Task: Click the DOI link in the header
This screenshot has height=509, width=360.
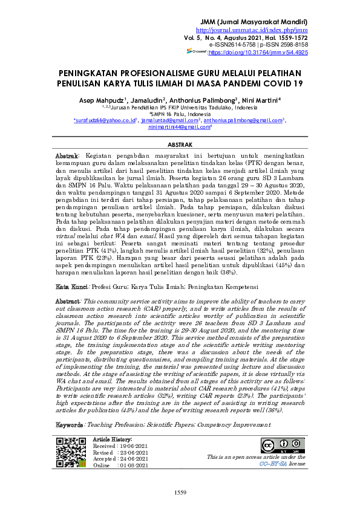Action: pos(258,53)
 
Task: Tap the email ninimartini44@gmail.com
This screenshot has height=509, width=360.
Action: pos(179,128)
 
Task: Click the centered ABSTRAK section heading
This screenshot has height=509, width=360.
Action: pos(180,146)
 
